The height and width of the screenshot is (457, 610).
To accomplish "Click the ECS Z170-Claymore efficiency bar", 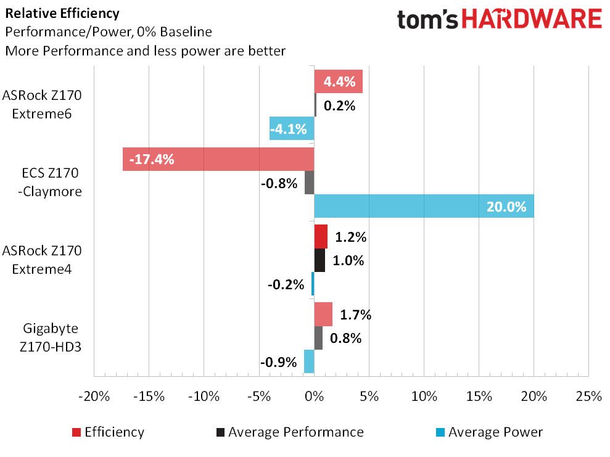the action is (218, 159).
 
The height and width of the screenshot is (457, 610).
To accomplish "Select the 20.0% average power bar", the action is (424, 206).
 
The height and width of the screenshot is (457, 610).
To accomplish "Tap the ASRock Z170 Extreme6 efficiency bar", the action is (339, 81).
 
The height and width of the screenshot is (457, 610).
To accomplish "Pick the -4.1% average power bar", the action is (292, 128).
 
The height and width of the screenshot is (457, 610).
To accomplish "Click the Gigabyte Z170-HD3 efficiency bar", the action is (323, 315).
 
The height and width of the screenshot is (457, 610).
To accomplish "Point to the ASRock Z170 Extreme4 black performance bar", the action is (319, 260).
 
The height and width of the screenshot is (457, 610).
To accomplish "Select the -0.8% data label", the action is (279, 183).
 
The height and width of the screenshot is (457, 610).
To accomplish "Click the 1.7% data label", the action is (355, 315).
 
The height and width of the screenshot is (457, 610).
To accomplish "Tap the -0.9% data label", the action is (279, 362).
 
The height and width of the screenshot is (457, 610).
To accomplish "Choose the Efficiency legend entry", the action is (108, 432).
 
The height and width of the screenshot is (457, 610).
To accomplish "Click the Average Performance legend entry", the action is (291, 432).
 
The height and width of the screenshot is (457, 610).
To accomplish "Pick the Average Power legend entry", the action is (489, 432).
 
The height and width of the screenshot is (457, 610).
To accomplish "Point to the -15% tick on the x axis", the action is (149, 397).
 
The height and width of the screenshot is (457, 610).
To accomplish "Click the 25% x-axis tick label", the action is (589, 397).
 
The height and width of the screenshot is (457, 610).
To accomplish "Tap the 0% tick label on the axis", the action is (315, 397).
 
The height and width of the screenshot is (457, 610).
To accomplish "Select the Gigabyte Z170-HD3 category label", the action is (51, 337).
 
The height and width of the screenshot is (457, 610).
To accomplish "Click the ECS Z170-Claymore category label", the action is (50, 182).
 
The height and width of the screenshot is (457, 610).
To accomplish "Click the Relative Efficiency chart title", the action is (62, 13).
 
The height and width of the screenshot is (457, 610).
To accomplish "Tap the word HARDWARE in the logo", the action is (532, 19).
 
